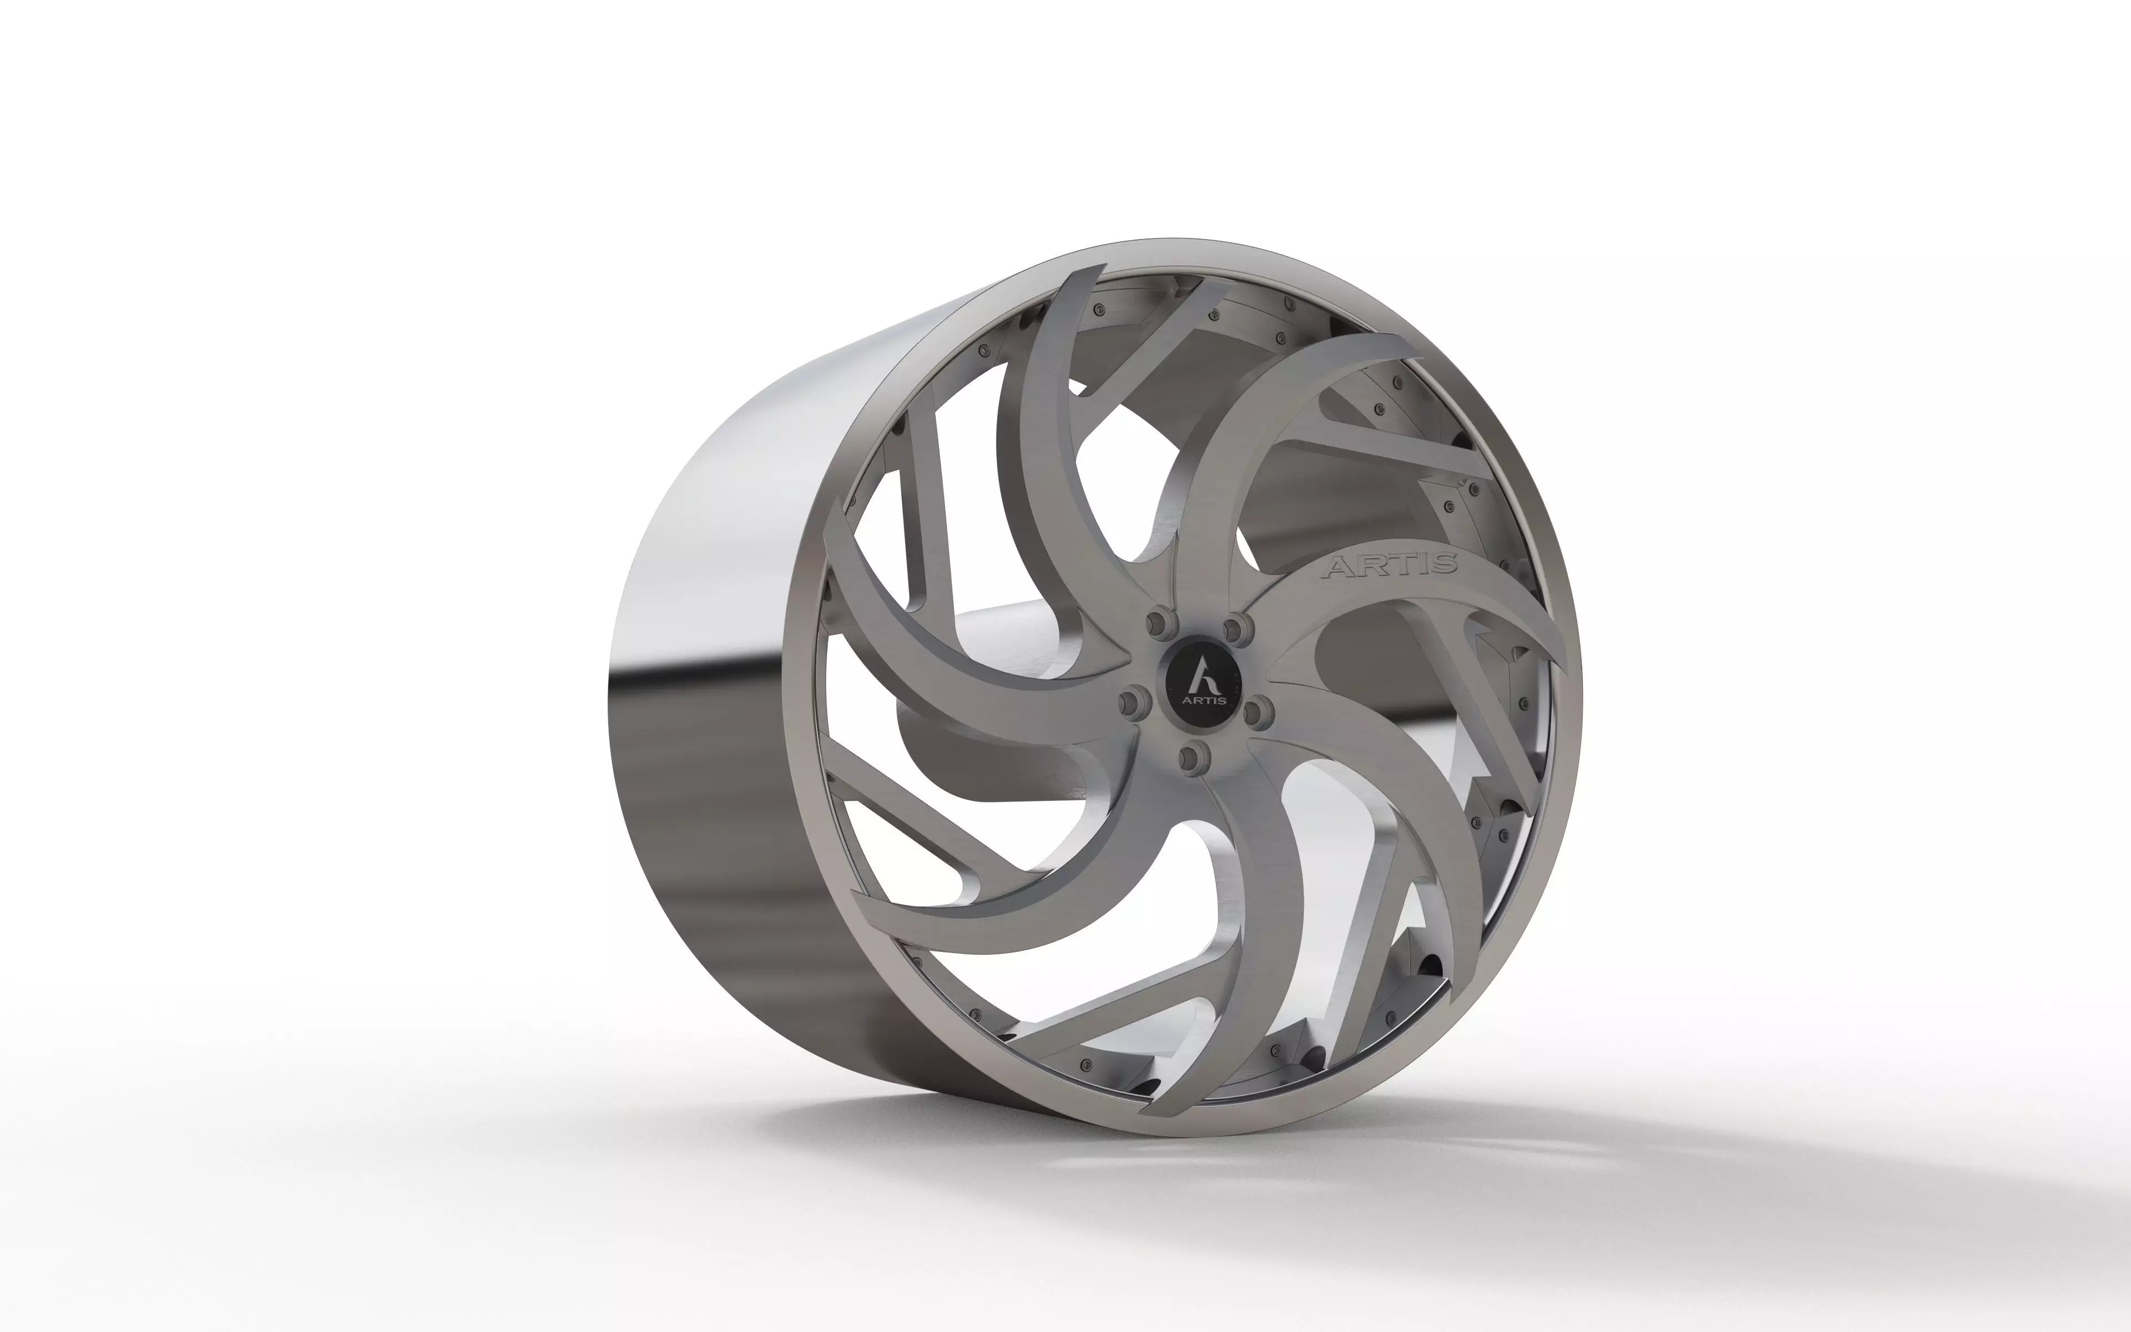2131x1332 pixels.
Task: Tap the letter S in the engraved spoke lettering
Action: (x=1444, y=564)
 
